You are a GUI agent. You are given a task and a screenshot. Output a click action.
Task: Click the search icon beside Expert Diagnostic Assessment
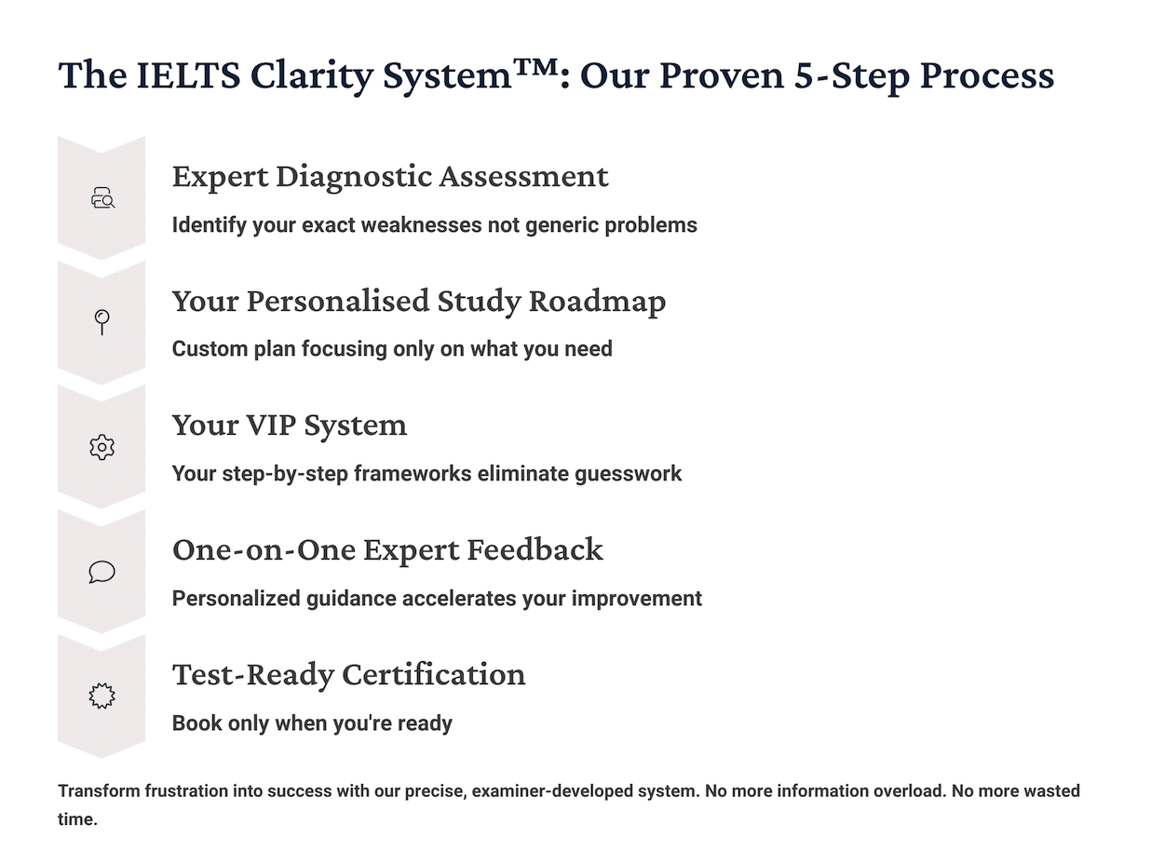tap(102, 198)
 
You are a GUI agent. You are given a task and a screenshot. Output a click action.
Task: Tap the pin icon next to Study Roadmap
tap(102, 322)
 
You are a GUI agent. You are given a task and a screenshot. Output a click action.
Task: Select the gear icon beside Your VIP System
tap(102, 447)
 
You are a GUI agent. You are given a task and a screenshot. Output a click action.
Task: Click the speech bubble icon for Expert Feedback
tap(102, 572)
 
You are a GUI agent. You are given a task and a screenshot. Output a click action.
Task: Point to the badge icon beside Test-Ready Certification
tap(102, 696)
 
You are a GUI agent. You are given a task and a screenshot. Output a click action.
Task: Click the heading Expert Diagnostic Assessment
tap(390, 176)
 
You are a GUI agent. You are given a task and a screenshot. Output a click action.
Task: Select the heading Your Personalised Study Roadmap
tap(419, 301)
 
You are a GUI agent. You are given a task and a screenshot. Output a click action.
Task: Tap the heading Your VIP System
tap(290, 425)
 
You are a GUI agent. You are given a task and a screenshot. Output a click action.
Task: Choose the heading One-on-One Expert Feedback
tap(387, 549)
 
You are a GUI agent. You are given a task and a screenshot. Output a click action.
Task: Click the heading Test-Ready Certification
tap(349, 674)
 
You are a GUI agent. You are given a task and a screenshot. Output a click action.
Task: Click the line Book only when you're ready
tap(312, 723)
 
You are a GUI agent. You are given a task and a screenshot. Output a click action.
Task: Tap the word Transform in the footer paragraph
tap(99, 791)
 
